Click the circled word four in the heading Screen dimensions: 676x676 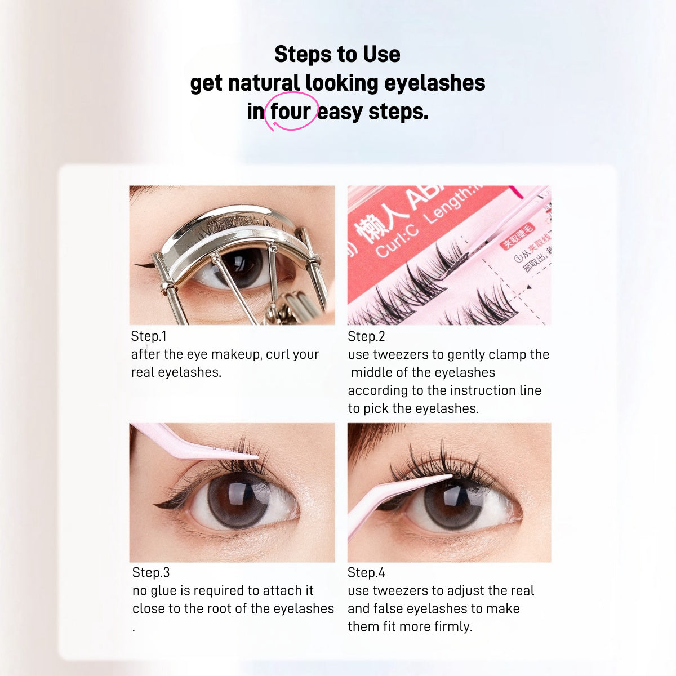pos(290,112)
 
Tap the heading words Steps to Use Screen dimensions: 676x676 pos(337,54)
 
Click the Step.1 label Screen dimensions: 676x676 pos(149,336)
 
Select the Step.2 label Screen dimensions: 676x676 pos(366,336)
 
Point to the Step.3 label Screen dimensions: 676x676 pos(150,572)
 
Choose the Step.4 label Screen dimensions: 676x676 pos(366,572)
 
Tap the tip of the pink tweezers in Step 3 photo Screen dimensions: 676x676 pos(256,456)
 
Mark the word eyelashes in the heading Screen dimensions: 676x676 pos(434,83)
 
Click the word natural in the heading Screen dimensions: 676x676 pos(263,83)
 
